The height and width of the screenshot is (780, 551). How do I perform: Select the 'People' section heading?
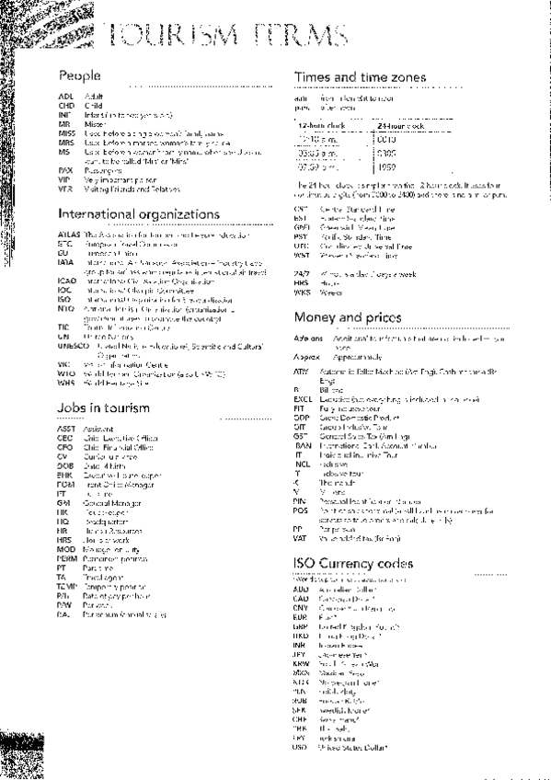click(79, 75)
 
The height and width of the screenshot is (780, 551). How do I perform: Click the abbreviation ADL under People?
click(64, 95)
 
